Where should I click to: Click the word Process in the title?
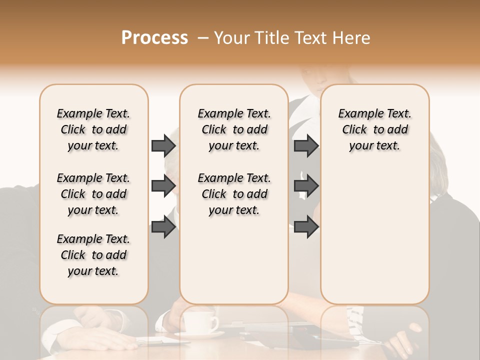(x=154, y=38)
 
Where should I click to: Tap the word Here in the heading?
(x=351, y=38)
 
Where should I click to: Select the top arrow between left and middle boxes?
(x=163, y=145)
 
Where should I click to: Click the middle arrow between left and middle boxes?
(x=163, y=186)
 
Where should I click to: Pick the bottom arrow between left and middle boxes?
(x=163, y=227)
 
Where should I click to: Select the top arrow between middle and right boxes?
(x=306, y=145)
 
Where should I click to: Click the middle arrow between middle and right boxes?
(x=306, y=186)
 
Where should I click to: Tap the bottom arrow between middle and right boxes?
(x=306, y=227)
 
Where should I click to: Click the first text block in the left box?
(x=93, y=129)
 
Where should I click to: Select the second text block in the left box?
(x=93, y=194)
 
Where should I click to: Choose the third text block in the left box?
(x=93, y=255)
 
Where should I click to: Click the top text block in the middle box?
(x=234, y=129)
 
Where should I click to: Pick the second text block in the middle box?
(x=234, y=194)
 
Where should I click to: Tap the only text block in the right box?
(x=375, y=129)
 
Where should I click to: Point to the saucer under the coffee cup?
(x=200, y=333)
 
